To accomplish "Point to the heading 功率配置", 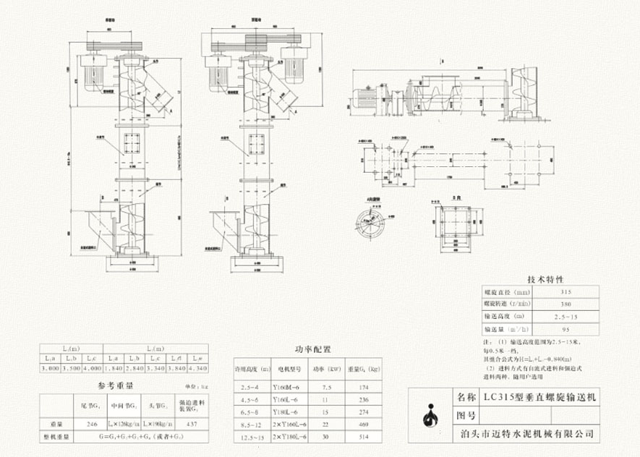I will click(312, 349).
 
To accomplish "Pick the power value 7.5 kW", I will click(323, 389).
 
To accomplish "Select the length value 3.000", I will click(48, 369).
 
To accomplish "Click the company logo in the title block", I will click(432, 414).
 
